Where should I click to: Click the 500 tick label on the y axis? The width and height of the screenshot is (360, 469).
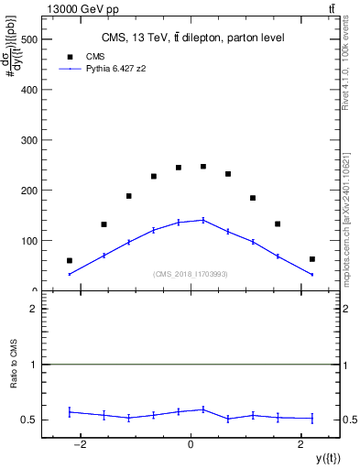[30, 40]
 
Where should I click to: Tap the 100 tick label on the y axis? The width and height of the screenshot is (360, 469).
[30, 241]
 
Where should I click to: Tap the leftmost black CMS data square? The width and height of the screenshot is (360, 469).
[70, 261]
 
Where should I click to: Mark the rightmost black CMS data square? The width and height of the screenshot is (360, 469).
[312, 259]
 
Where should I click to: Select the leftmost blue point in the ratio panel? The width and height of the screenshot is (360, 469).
[70, 412]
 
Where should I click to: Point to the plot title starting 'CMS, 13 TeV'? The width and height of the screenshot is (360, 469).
[191, 38]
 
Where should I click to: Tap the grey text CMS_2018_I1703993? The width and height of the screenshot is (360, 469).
[191, 274]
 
